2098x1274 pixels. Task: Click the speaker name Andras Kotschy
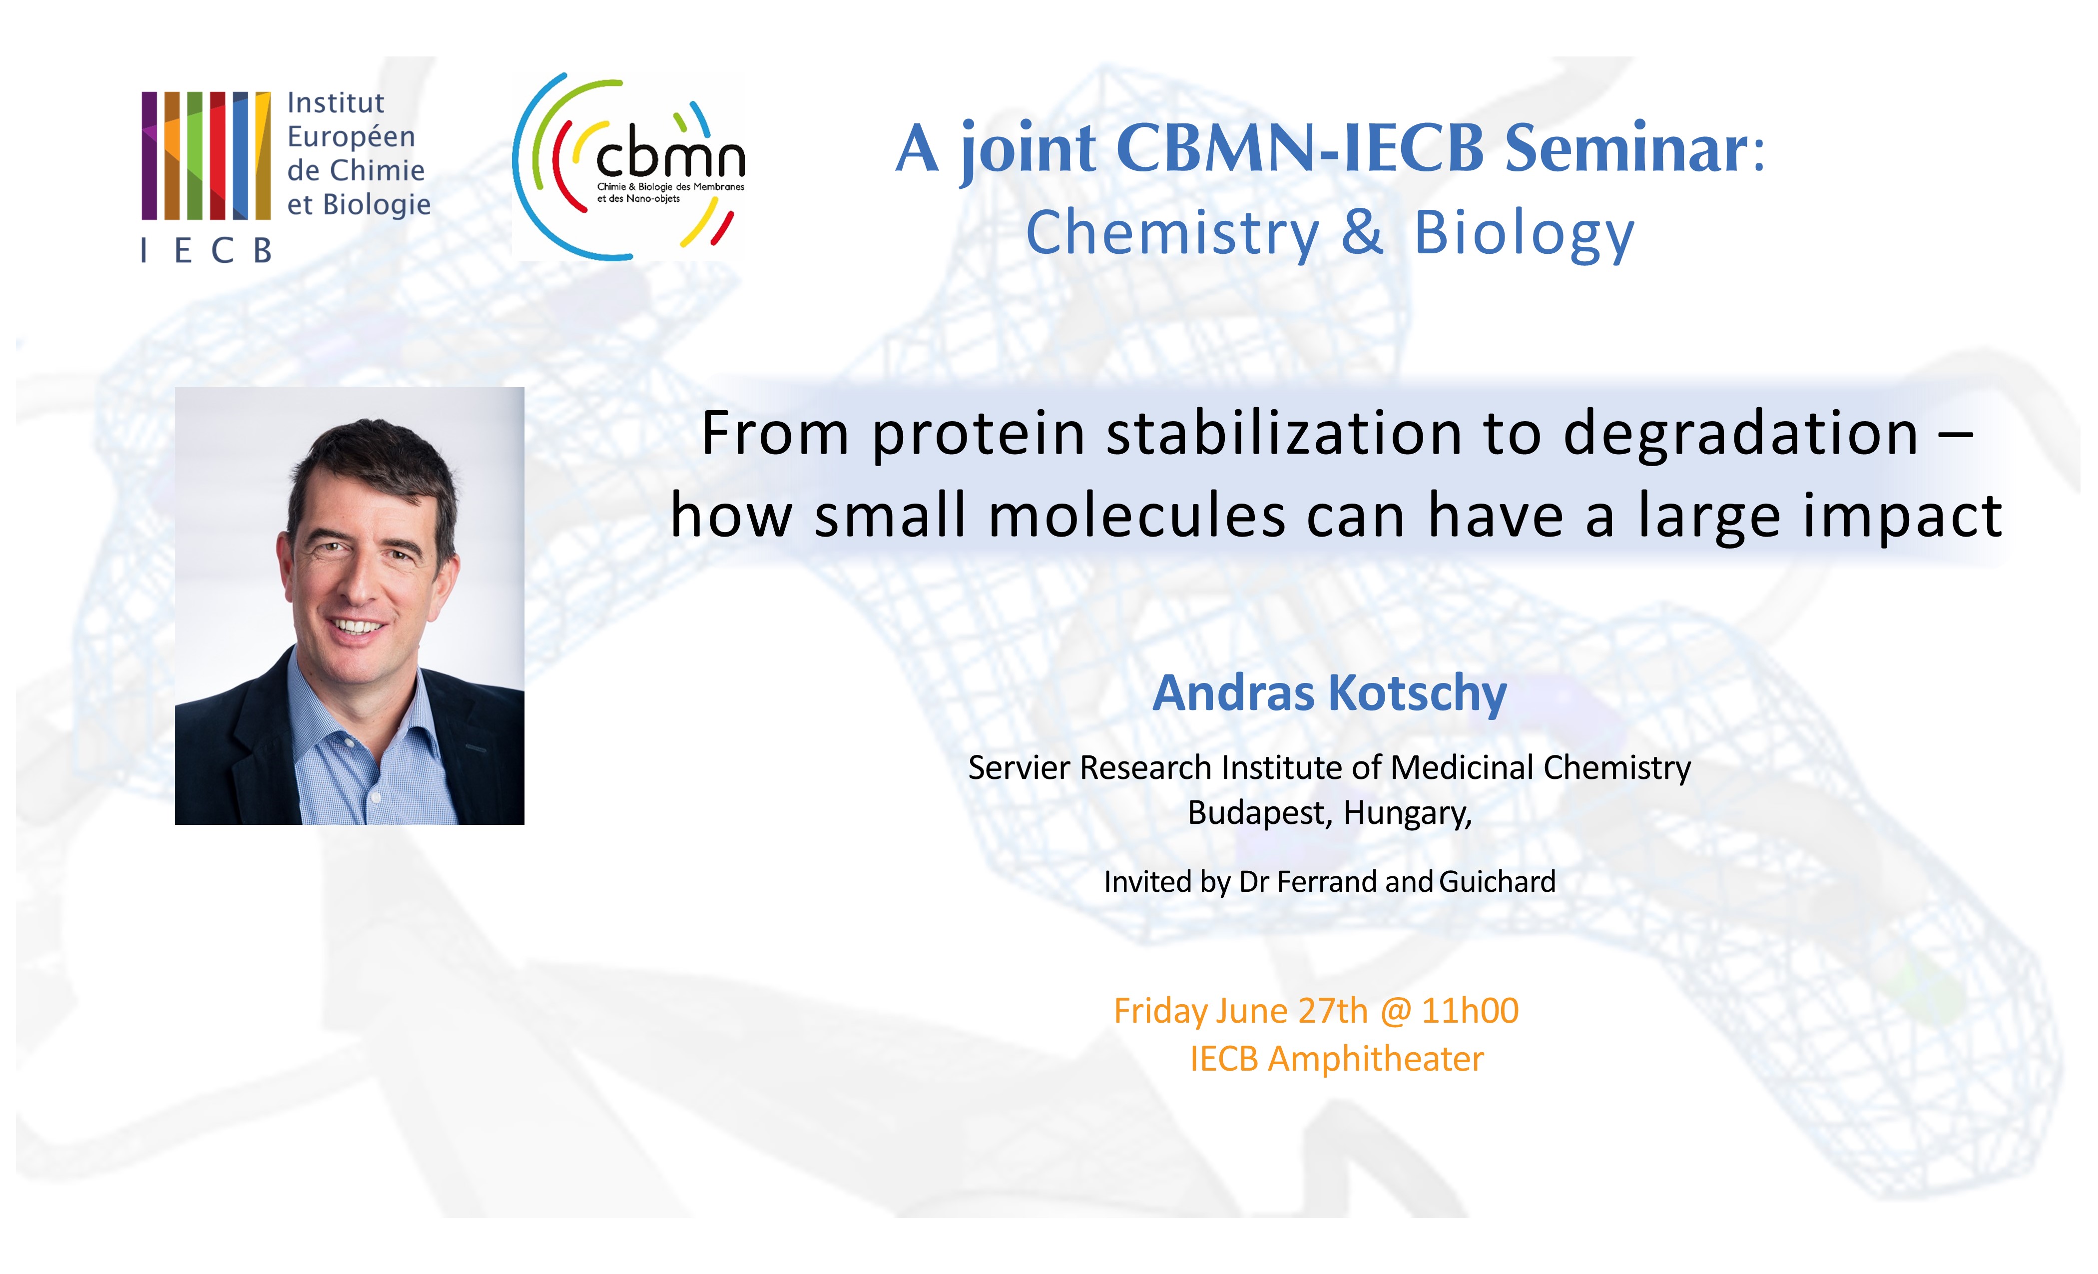[x=1329, y=693]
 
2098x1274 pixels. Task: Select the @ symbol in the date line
[x=1395, y=1012]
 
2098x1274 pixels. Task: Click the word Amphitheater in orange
[x=1376, y=1059]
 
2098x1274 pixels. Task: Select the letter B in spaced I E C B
[x=262, y=250]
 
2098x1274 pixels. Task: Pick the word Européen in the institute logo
[x=351, y=136]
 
